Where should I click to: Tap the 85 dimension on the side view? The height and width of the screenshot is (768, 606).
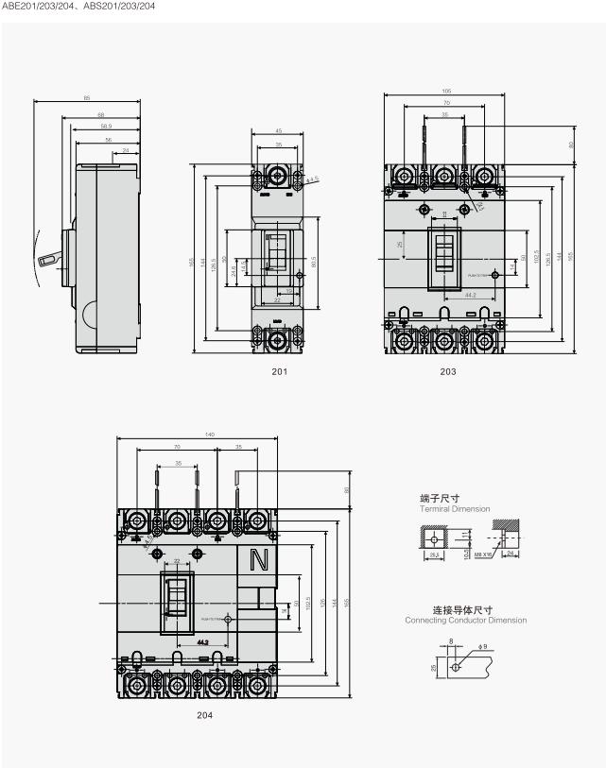click(87, 97)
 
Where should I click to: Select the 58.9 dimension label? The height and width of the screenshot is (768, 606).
click(105, 126)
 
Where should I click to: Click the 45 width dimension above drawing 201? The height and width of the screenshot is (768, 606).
click(278, 131)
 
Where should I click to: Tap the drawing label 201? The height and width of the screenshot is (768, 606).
click(279, 371)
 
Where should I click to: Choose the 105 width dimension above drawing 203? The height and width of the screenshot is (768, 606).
click(445, 91)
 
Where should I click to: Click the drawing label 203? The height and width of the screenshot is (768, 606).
click(447, 371)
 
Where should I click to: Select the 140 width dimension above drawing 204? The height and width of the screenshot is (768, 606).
click(197, 435)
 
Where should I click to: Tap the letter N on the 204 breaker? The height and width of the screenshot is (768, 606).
click(257, 561)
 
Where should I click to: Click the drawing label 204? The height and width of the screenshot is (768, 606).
click(204, 715)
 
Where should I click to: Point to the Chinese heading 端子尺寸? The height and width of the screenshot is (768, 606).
click(442, 498)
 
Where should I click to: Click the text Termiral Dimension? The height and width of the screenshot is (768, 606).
click(455, 509)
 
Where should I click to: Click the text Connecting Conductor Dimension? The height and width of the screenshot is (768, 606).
click(465, 621)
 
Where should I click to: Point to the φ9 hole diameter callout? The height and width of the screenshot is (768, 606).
click(483, 646)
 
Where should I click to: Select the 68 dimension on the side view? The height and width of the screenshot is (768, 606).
click(101, 115)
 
